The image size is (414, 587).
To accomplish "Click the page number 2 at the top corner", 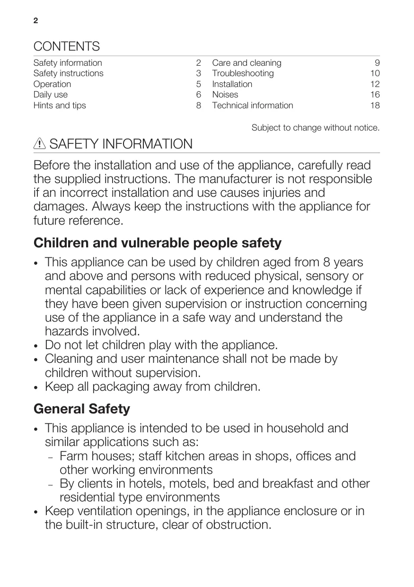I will pyautogui.click(x=35, y=21).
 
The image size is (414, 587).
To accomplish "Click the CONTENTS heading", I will pyautogui.click(x=66, y=46).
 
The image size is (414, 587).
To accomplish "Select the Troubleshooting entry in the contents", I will pyautogui.click(x=243, y=73).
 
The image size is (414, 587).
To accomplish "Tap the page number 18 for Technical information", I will pyautogui.click(x=375, y=105).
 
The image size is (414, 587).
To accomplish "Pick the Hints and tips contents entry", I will pyautogui.click(x=60, y=105).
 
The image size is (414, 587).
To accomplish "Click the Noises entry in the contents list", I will pyautogui.click(x=225, y=95).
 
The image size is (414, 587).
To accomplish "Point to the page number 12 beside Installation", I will pyautogui.click(x=375, y=84).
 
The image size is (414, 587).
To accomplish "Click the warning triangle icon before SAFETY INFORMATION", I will pyautogui.click(x=40, y=144).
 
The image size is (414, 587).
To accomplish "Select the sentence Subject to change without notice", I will pyautogui.click(x=315, y=128).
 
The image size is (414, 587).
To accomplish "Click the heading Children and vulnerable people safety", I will pyautogui.click(x=158, y=243).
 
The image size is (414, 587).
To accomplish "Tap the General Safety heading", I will pyautogui.click(x=82, y=409).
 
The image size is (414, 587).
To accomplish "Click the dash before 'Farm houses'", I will pyautogui.click(x=51, y=457).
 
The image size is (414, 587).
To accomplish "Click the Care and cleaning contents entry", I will pyautogui.click(x=247, y=63).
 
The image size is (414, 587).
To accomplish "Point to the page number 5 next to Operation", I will pyautogui.click(x=199, y=84).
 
